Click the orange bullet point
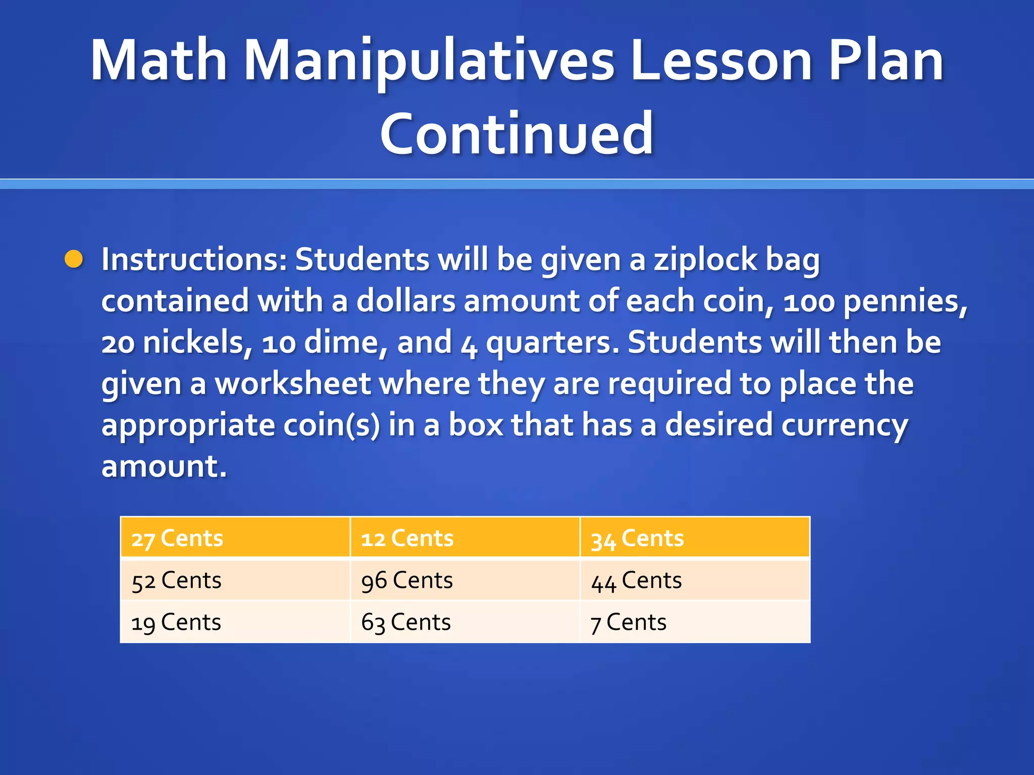[x=74, y=259]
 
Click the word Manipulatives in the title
[x=429, y=62]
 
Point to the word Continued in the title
[x=516, y=134]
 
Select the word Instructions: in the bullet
[x=194, y=259]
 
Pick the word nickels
[x=197, y=343]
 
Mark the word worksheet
[x=293, y=383]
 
